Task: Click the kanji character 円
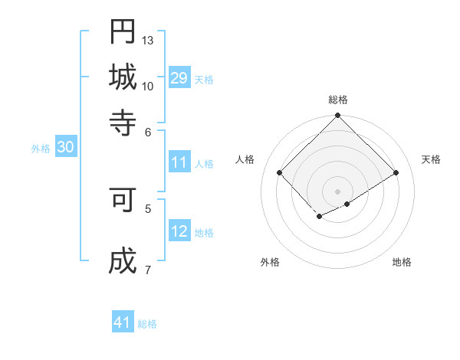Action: pos(123,32)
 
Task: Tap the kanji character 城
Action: pos(123,77)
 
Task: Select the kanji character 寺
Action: pos(123,121)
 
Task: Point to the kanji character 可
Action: pos(123,200)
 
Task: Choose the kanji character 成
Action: pos(123,261)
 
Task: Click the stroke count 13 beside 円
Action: pos(148,40)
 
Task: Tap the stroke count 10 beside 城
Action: pos(148,86)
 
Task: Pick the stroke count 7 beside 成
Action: pos(147,270)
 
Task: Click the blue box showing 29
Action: pos(179,78)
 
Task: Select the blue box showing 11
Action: pos(179,162)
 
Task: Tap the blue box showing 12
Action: pos(179,231)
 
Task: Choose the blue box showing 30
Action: pos(65,148)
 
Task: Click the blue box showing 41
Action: pos(123,322)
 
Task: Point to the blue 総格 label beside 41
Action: pos(147,324)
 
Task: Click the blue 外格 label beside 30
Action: pos(41,149)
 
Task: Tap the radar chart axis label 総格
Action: pos(338,100)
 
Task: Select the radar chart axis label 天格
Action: pos(431,159)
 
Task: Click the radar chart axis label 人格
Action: pos(245,159)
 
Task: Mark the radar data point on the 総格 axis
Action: pos(338,116)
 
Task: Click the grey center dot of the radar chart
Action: pos(338,191)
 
